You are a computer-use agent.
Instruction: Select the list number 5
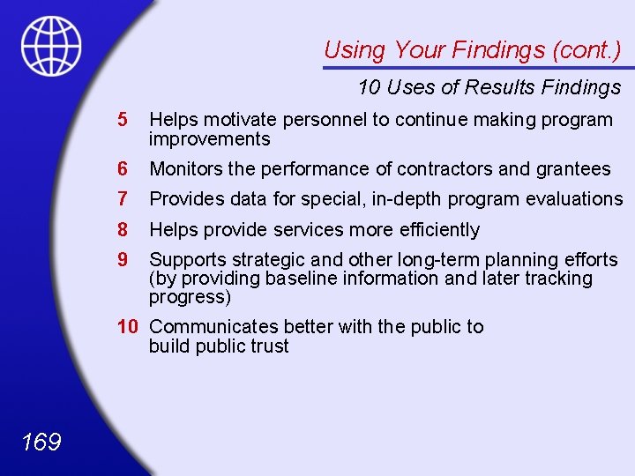pos(123,120)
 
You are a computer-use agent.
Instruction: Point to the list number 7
pos(123,199)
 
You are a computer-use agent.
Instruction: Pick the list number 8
pos(123,230)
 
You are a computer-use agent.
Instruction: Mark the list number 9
pos(123,260)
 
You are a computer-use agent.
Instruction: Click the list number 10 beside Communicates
pos(128,327)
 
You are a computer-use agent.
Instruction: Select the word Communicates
pos(205,327)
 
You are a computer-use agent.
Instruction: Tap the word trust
pos(269,346)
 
